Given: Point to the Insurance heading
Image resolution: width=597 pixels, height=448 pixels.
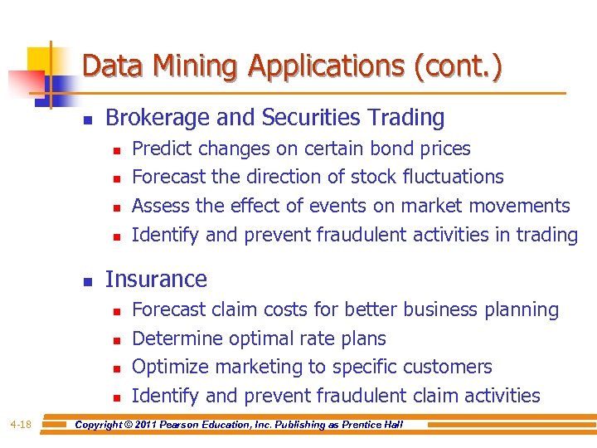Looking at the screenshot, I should [156, 280].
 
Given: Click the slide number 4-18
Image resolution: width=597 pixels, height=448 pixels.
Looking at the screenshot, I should [21, 425].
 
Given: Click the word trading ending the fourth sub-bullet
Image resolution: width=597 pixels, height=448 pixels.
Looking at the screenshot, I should [546, 235].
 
